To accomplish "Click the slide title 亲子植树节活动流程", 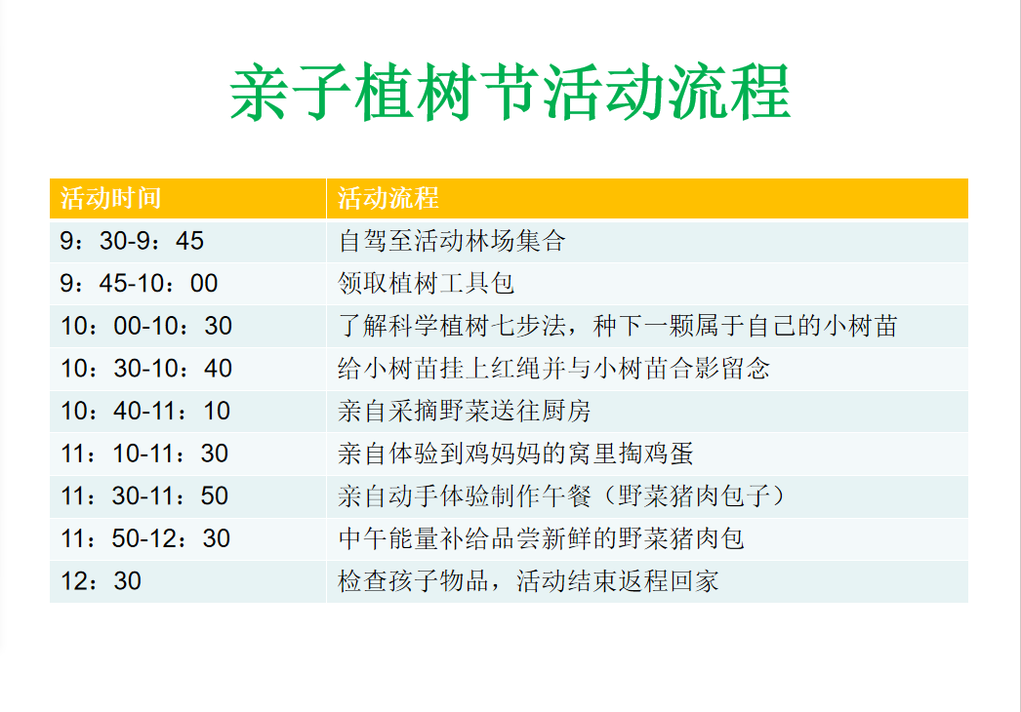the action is point(510,93).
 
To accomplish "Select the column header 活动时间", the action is point(110,198).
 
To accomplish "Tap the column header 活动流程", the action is point(388,198).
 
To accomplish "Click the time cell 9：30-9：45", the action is point(132,241).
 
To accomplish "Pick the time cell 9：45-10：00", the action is point(139,283).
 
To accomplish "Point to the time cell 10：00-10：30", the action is point(145,326).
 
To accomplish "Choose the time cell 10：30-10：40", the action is point(145,369).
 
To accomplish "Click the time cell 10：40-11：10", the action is point(145,411).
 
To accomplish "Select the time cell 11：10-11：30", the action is point(143,453).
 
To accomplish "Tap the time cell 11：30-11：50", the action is point(143,495).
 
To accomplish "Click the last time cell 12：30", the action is point(101,580).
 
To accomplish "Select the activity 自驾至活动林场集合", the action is point(452,241).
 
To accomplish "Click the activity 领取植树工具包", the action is point(427,283).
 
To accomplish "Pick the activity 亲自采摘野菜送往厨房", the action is point(465,411).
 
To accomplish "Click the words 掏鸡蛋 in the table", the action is point(656,453).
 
